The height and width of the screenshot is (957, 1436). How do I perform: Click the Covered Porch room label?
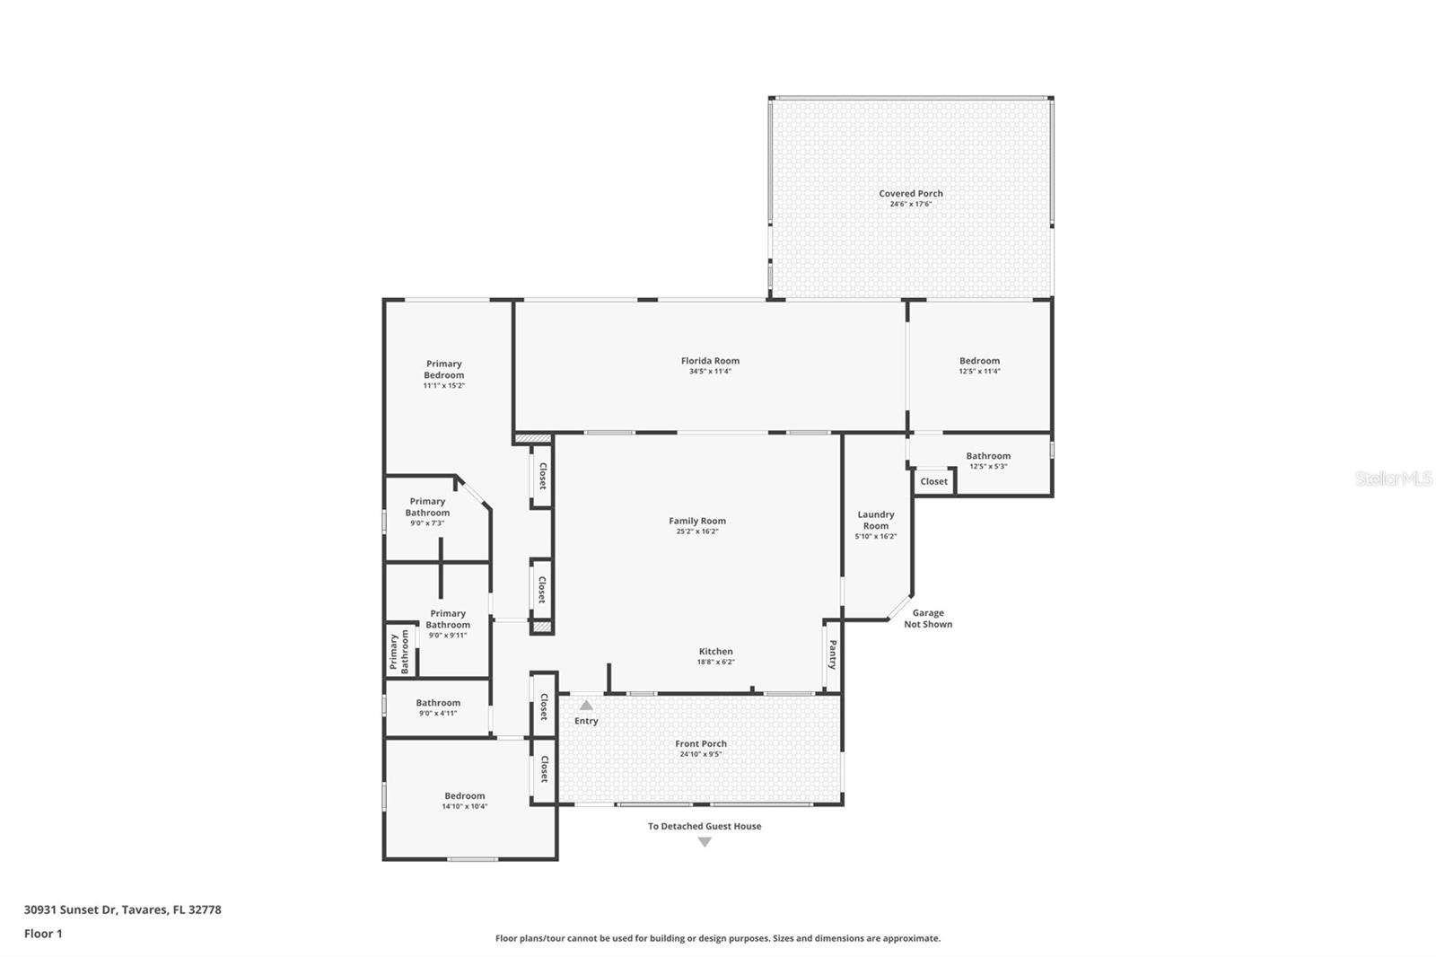click(910, 193)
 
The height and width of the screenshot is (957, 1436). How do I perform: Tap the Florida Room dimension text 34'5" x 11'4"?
click(710, 372)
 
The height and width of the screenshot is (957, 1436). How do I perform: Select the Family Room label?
click(696, 521)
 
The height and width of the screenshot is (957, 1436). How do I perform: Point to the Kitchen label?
click(715, 651)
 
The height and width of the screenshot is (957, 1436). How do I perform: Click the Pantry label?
click(832, 654)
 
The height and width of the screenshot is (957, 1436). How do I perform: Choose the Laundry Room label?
click(876, 520)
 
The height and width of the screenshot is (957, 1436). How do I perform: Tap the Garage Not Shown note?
click(928, 619)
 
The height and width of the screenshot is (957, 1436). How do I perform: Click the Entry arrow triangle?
click(586, 705)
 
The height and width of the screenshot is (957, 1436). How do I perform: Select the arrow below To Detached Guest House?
click(705, 842)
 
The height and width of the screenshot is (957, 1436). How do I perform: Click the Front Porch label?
click(701, 743)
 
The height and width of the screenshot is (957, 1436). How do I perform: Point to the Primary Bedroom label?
click(443, 369)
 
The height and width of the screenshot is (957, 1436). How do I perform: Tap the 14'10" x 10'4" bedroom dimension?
click(464, 806)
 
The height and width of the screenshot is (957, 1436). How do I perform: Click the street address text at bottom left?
click(122, 909)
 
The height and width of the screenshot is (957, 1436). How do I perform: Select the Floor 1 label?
click(43, 934)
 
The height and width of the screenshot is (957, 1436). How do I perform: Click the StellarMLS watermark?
click(1394, 478)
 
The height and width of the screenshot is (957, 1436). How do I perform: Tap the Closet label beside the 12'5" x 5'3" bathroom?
click(933, 481)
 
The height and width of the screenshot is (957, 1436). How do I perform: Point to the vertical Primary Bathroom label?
click(398, 652)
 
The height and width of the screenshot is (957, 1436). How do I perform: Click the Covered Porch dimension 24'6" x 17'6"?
click(910, 204)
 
